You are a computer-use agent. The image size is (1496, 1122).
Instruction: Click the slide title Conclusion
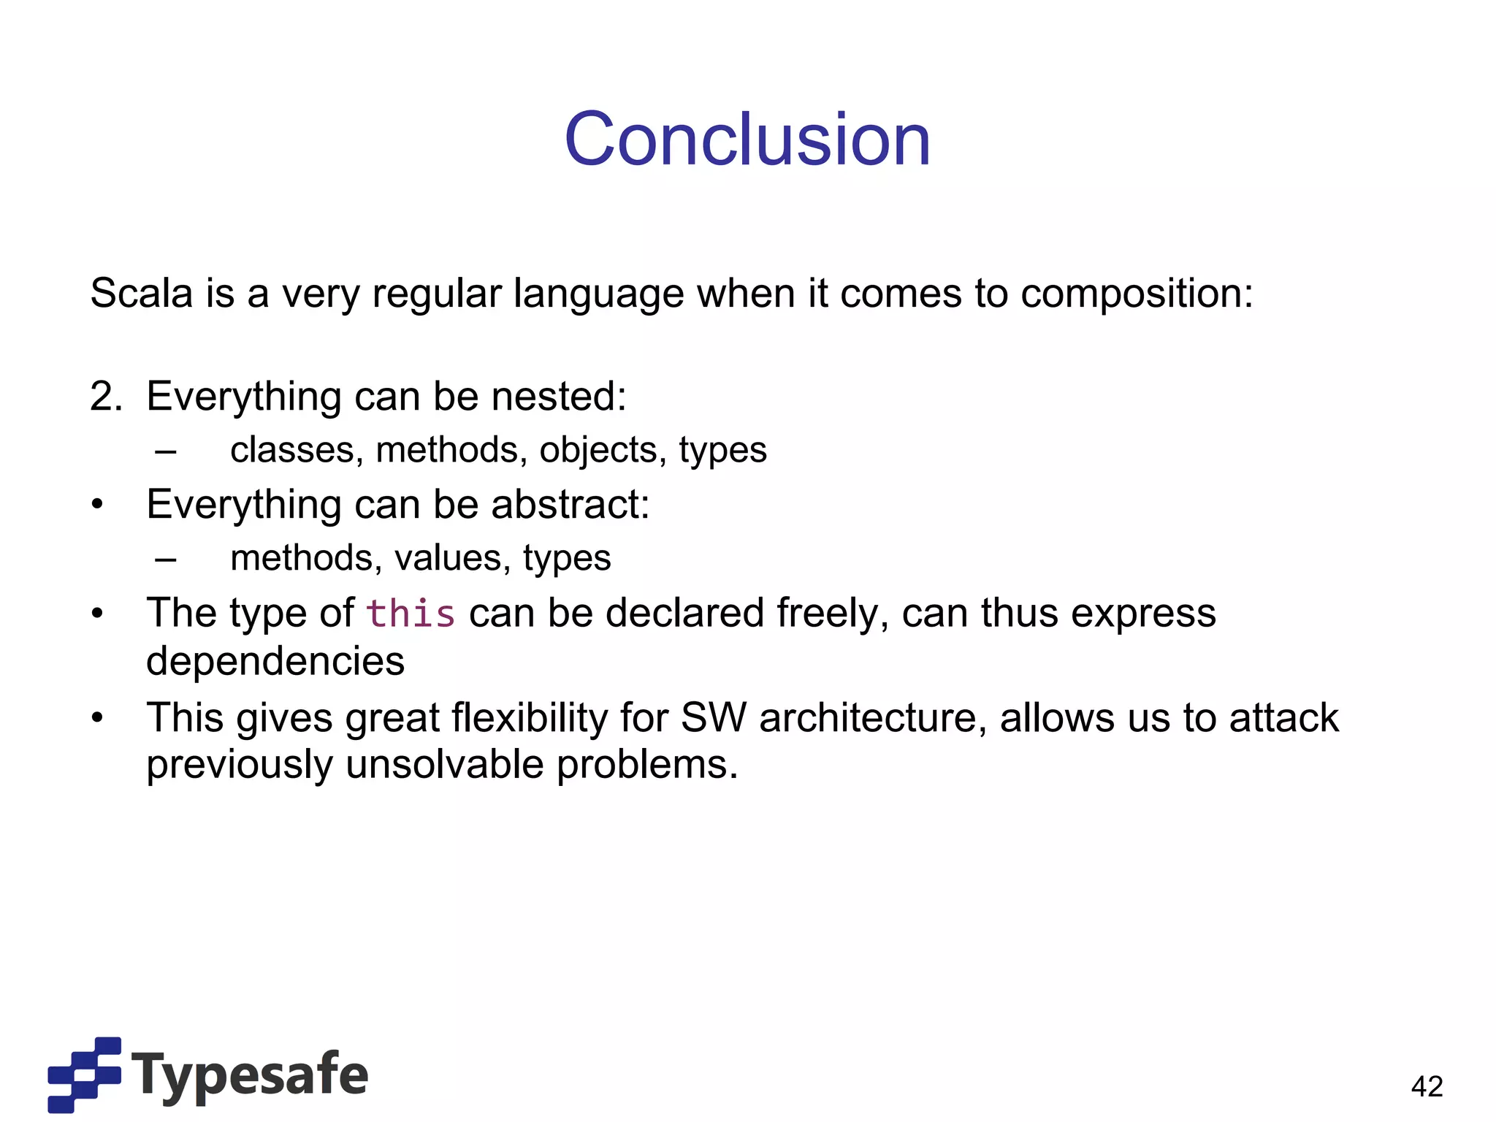point(747,139)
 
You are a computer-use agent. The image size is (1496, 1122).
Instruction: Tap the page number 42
point(1427,1086)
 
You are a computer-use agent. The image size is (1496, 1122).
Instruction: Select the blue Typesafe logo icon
point(84,1074)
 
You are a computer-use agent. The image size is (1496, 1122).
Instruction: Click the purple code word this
point(411,613)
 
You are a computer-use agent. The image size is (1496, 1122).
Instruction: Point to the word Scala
point(142,294)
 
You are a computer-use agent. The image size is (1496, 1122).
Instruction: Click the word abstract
point(570,504)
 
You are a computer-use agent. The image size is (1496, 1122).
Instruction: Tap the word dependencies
point(275,662)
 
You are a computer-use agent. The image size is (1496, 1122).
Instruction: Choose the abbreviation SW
point(713,717)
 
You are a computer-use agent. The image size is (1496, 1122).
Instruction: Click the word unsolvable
point(445,765)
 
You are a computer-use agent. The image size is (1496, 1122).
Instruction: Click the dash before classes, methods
point(166,451)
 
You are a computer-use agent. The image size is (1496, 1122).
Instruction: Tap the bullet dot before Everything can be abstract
point(98,505)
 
